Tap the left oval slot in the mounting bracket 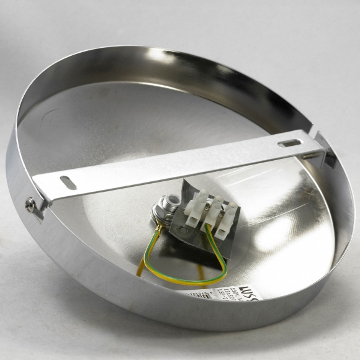pos(68,183)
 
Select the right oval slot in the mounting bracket pos(290,143)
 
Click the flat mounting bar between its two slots pos(180,163)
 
